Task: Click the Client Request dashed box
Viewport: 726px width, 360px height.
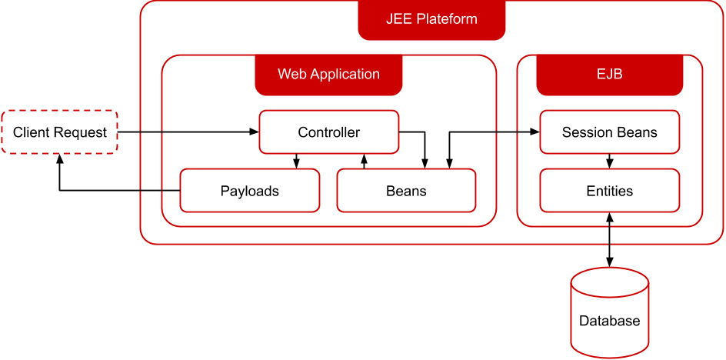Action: [59, 132]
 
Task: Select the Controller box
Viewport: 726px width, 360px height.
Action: [328, 132]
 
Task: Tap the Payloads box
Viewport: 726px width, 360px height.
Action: [249, 191]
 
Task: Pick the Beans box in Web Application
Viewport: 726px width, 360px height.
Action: [406, 191]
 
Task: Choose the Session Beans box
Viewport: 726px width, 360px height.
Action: [609, 132]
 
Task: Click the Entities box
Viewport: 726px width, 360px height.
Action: [609, 191]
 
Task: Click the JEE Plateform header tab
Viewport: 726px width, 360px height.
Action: [431, 20]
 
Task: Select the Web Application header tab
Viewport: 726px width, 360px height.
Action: [328, 75]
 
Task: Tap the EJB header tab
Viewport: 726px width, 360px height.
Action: [609, 75]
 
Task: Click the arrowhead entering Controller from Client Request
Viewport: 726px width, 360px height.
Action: [255, 132]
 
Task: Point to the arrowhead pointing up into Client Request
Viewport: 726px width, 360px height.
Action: [59, 159]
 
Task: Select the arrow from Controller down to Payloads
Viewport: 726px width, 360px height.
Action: [296, 161]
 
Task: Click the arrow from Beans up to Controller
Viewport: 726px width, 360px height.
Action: [364, 161]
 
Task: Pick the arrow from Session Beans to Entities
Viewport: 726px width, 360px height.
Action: [609, 161]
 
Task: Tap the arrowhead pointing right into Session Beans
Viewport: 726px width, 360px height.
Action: [535, 132]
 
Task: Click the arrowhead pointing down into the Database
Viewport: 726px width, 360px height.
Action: [609, 262]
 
